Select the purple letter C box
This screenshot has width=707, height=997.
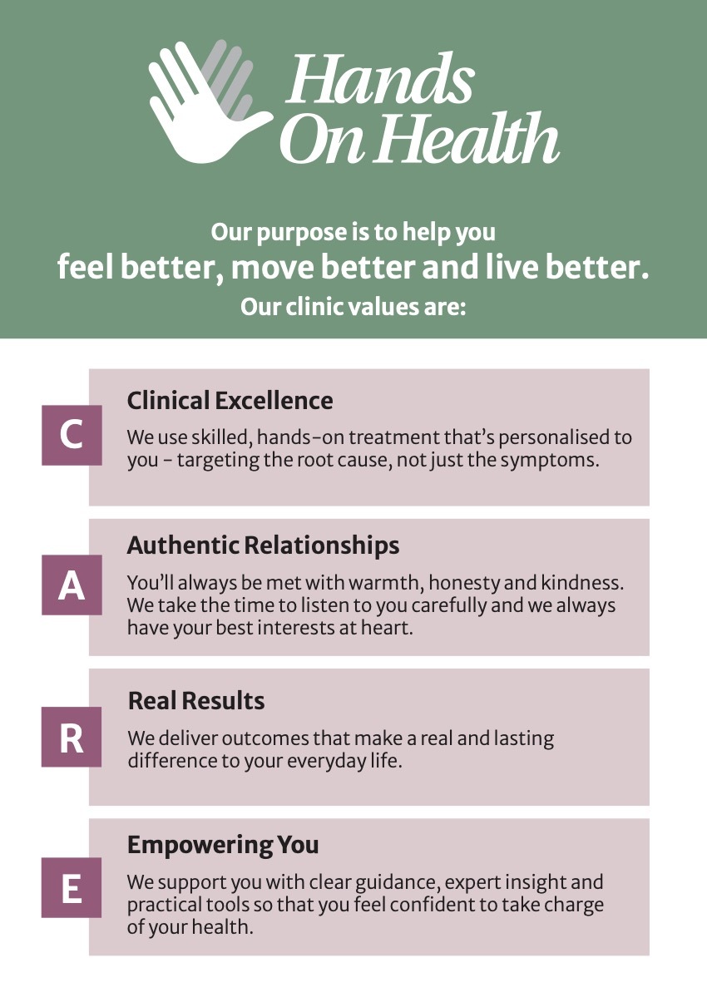coord(72,435)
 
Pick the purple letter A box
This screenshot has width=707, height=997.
coord(72,585)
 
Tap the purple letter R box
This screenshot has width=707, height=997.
coord(72,737)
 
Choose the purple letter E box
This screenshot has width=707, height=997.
coord(72,887)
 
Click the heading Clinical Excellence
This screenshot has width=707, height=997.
coord(230,401)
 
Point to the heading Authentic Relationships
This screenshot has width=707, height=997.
coord(263,545)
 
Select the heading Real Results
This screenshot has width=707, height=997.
coord(195,701)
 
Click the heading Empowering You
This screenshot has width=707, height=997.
coord(223,845)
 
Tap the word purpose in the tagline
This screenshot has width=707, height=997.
coord(303,233)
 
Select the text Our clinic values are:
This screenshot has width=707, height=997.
coord(353,307)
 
